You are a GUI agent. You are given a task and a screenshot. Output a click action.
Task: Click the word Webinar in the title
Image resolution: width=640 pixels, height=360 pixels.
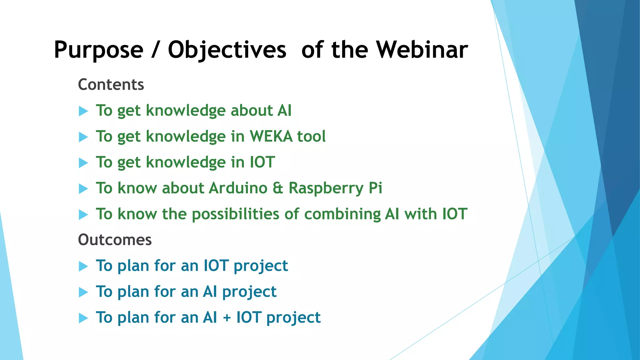pyautogui.click(x=422, y=50)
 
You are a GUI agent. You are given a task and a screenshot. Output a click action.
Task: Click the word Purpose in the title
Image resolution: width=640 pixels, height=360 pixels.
pyautogui.click(x=98, y=50)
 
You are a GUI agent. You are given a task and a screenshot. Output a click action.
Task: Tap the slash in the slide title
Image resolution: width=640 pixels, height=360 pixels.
pyautogui.click(x=155, y=50)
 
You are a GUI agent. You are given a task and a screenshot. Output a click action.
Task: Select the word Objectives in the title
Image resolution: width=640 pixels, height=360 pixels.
pyautogui.click(x=227, y=50)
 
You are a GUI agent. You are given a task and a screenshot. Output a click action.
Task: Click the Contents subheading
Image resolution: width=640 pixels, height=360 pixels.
pyautogui.click(x=111, y=85)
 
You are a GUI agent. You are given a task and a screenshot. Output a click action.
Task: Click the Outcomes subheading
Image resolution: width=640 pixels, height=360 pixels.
pyautogui.click(x=115, y=240)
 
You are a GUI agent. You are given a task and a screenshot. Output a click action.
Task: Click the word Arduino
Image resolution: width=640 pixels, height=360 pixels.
pyautogui.click(x=238, y=188)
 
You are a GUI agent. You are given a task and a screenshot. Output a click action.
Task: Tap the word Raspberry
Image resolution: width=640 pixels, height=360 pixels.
pyautogui.click(x=326, y=188)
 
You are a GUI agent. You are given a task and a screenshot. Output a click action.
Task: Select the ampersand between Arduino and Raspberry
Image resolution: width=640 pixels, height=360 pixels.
pyautogui.click(x=278, y=188)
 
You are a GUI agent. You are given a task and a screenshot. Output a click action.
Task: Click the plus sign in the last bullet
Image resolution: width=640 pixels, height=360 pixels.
pyautogui.click(x=227, y=318)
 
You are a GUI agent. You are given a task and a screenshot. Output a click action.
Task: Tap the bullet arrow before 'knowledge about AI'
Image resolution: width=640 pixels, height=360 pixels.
pyautogui.click(x=83, y=111)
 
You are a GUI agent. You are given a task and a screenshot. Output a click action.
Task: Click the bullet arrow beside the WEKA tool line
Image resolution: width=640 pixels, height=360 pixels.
pyautogui.click(x=83, y=137)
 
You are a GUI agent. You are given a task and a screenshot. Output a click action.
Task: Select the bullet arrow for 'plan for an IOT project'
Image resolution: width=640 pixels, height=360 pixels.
pyautogui.click(x=83, y=266)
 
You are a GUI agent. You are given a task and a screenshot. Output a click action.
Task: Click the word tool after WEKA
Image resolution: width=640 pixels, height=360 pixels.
pyautogui.click(x=311, y=137)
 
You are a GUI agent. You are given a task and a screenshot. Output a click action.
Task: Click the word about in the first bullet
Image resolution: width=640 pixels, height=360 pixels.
pyautogui.click(x=252, y=111)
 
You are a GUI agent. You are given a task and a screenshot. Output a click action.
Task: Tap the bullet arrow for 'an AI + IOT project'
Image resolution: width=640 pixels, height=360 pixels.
pyautogui.click(x=83, y=318)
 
